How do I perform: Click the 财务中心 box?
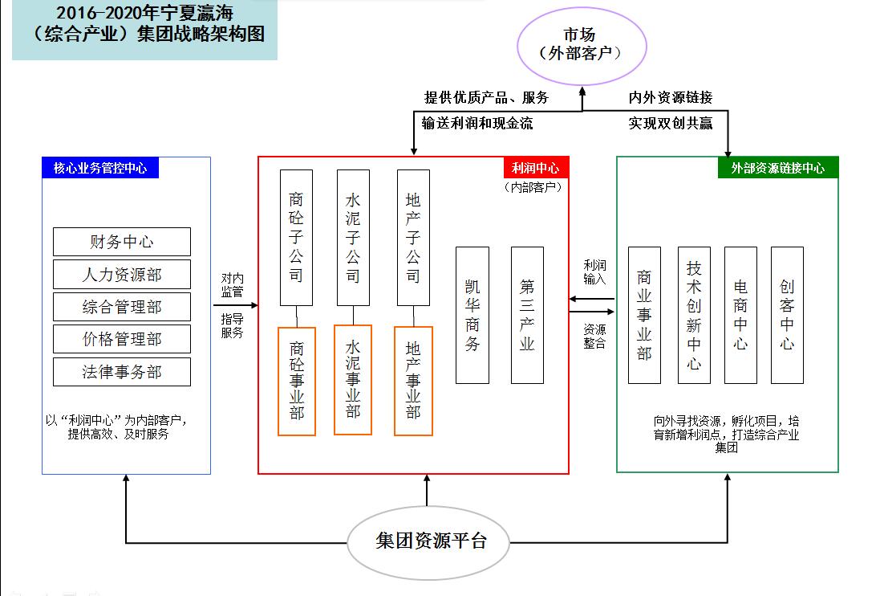[122, 242]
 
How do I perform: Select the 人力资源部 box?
[122, 275]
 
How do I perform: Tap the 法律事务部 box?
[122, 372]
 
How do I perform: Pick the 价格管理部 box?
[122, 339]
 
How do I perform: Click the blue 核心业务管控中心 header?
[100, 168]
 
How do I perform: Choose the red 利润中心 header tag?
[536, 168]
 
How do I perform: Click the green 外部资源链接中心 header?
[777, 168]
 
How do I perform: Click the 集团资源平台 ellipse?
[431, 540]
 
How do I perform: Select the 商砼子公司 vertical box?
[296, 237]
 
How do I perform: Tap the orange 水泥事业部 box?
[353, 379]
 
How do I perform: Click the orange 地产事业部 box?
[413, 381]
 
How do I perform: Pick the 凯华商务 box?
[472, 315]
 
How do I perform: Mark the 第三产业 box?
[527, 315]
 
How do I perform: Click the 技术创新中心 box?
[694, 315]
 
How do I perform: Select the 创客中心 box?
[787, 315]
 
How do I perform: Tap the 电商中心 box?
[740, 315]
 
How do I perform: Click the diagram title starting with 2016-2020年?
[144, 24]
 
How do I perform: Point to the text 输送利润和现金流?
[477, 123]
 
